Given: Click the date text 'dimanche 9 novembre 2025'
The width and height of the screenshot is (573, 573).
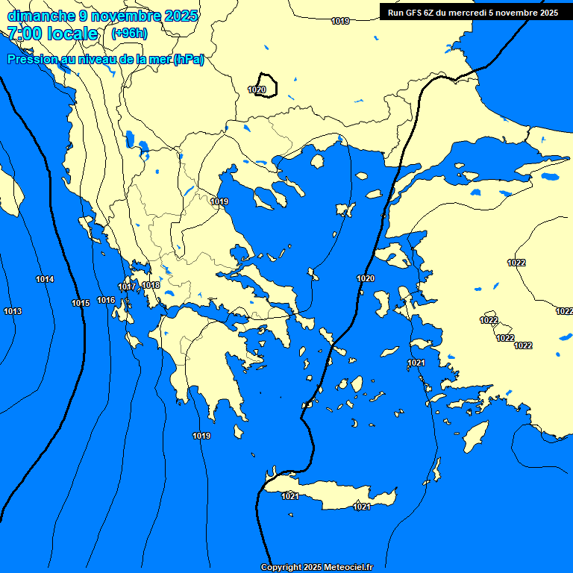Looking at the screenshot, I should [102, 15].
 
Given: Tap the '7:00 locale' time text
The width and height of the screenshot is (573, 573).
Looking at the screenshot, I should [52, 34].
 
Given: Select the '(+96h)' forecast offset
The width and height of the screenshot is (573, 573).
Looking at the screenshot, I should [129, 34].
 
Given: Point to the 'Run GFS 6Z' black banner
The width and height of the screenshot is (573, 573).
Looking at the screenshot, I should [472, 12].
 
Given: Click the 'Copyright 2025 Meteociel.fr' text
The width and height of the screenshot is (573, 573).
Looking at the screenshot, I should [316, 567].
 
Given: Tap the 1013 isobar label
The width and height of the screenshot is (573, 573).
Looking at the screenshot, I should [13, 311].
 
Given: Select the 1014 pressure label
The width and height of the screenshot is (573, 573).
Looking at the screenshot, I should [45, 279].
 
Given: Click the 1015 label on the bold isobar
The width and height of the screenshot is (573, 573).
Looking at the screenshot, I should [81, 303].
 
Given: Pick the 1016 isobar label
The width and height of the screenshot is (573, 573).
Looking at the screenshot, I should [106, 300].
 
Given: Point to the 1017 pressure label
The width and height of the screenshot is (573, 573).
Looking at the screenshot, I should [127, 287].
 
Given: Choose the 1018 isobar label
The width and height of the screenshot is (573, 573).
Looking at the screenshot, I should [151, 285].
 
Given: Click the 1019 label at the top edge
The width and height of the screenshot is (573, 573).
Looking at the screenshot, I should [340, 21].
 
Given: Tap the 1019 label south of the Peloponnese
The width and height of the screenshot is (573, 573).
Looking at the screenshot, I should [201, 436].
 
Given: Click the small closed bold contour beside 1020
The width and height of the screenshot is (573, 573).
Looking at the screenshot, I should [267, 84].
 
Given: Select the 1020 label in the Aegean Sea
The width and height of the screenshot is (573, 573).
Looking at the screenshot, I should [366, 278].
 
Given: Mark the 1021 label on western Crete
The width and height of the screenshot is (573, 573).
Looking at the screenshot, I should [290, 496].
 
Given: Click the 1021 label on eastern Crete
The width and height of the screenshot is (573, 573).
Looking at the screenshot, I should [362, 507].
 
